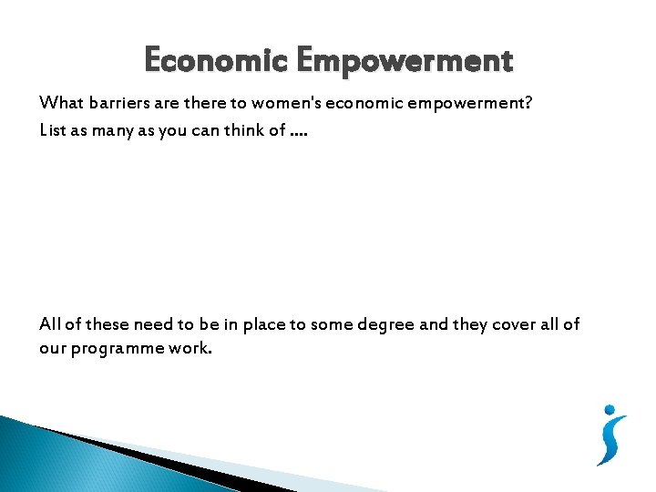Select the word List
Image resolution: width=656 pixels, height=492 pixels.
click(54, 129)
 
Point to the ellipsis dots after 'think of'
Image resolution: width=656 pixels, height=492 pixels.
click(300, 133)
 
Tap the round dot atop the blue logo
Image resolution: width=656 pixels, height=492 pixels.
click(610, 412)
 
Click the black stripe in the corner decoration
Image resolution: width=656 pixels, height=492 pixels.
click(137, 456)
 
